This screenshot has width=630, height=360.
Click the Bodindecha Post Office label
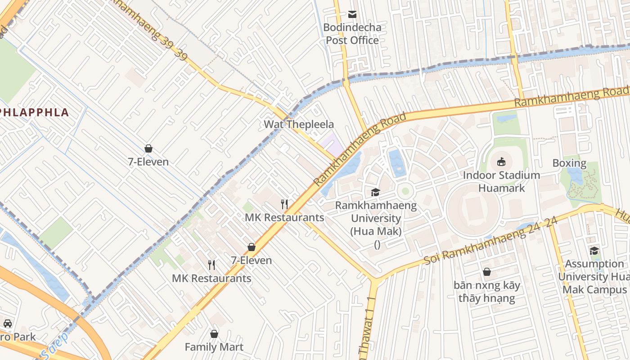pos(352,34)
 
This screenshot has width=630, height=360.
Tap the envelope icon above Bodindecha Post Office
pos(352,14)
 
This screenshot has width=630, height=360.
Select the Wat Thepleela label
pos(299,124)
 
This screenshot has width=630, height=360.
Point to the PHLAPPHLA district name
pos(34,112)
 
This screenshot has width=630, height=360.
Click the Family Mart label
pos(214,347)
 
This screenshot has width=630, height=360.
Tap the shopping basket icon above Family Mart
pos(214,334)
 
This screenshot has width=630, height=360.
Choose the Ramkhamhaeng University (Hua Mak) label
pos(376,218)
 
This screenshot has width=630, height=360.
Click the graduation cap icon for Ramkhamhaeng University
pos(375,193)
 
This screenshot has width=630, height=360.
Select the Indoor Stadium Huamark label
pos(501,181)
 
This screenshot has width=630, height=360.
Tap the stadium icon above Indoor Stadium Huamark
pos(501,162)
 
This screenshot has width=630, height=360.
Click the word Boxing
pos(569,163)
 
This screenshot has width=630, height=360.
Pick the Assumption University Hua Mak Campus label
pos(594,276)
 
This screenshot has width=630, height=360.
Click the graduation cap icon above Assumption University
pos(594,251)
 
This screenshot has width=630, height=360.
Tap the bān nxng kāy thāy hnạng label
pos(486,291)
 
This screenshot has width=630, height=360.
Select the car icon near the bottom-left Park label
pos(8,323)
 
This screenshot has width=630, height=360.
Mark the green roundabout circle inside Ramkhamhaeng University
pos(405,191)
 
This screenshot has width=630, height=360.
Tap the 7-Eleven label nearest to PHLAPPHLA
pos(148,162)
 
